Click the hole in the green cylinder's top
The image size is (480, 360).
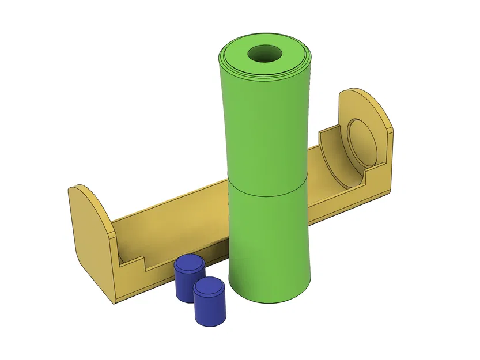point(264,55)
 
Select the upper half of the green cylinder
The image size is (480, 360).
point(265,127)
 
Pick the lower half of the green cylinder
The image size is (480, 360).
point(268,242)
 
